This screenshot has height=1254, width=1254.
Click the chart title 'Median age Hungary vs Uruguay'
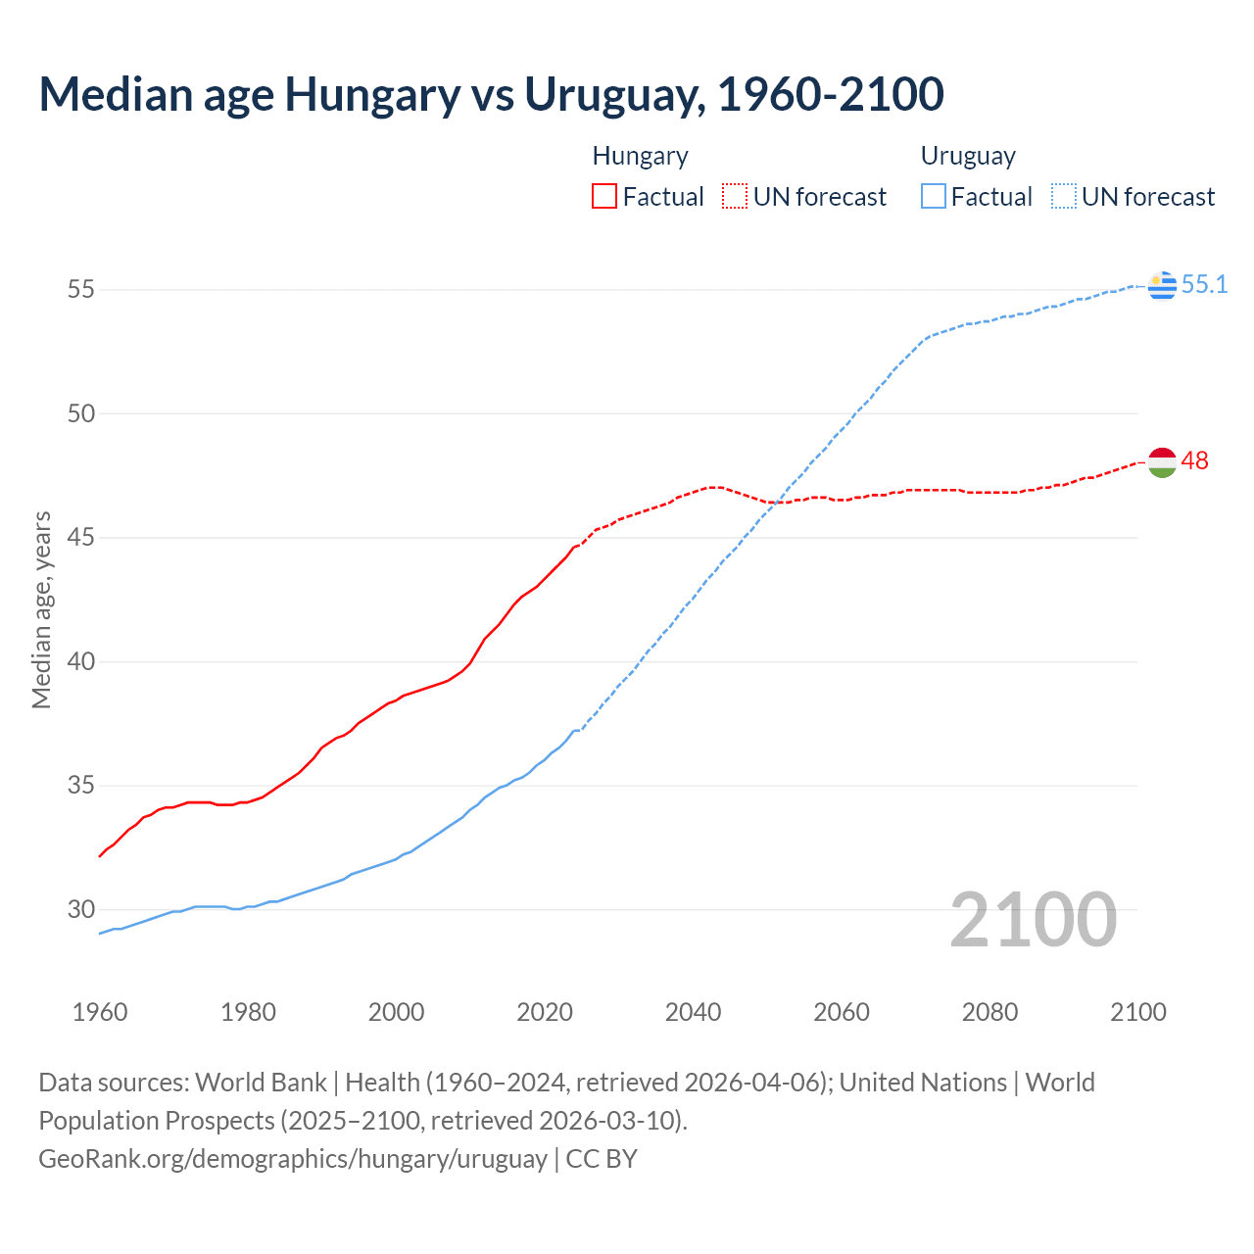coord(491,94)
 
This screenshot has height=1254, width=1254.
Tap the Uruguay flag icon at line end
coord(1162,285)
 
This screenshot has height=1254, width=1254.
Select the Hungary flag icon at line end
coord(1162,461)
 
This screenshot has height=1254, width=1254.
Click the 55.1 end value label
coord(1204,284)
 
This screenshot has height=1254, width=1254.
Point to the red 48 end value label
coord(1194,460)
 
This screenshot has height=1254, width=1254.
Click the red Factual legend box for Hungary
coord(604,197)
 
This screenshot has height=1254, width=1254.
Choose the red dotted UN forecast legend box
coord(735,197)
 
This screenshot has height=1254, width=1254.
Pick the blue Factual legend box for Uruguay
coord(934,197)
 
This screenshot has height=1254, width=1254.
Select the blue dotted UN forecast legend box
coord(1064,197)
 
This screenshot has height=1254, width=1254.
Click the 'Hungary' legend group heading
coord(640,156)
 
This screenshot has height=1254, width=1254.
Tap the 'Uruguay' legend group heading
coord(968,156)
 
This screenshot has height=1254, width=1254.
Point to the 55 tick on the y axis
coord(81,289)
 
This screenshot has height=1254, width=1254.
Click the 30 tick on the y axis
coord(81,909)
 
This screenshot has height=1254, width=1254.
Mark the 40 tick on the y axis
coord(81,661)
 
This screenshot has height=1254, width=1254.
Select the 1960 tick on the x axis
coord(100,1012)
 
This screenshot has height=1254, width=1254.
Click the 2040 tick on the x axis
coord(693,1012)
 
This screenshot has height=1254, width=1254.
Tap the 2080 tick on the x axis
coord(989,1012)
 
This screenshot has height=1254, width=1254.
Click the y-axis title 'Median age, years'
coord(41,609)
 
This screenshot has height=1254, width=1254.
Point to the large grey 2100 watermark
coord(1034,919)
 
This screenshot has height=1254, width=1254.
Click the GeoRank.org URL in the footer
coord(293,1159)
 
